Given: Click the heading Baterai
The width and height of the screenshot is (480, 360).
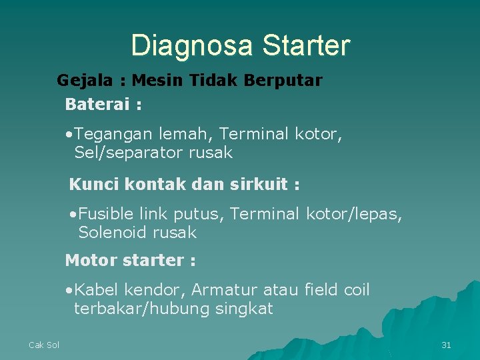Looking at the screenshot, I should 99,105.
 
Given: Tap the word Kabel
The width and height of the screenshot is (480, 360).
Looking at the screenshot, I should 96,291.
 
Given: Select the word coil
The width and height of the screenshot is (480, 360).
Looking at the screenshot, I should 356,291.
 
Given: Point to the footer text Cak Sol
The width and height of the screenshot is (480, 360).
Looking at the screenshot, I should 44,345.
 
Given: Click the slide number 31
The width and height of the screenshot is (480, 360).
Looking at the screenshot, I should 447,345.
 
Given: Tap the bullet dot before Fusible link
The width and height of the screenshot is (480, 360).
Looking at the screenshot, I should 73,215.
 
